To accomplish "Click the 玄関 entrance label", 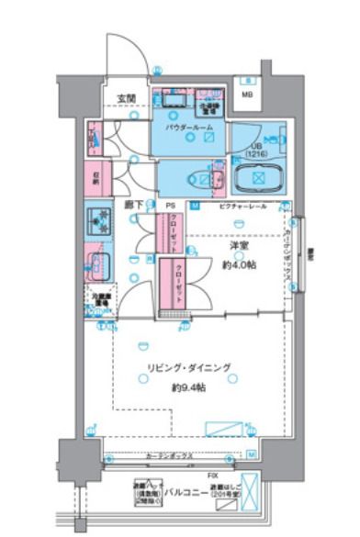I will click(x=127, y=98).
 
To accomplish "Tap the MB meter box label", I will click(x=247, y=94).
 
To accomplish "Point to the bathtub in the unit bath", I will click(x=260, y=179).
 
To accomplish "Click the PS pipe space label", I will click(x=170, y=206).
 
